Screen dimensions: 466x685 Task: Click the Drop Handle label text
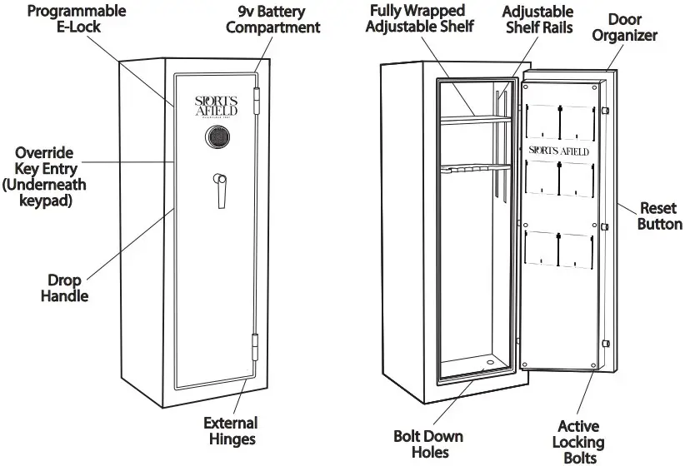pos(65,288)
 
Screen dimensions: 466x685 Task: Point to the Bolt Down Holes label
pos(428,444)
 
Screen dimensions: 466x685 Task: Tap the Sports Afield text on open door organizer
pos(559,151)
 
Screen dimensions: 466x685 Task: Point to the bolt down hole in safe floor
pos(488,362)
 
